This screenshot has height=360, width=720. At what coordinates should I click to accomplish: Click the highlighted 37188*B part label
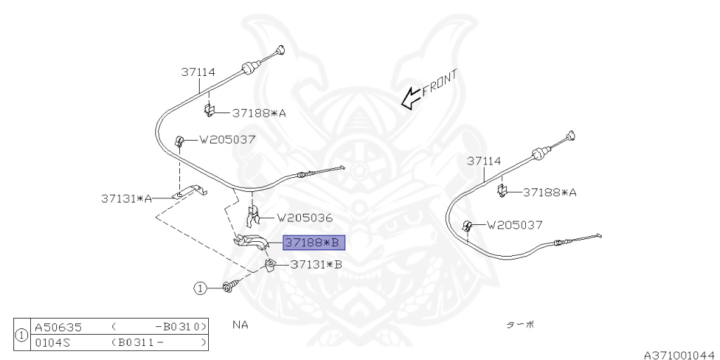click(x=314, y=243)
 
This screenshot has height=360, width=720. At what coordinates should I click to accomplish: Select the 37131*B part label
click(x=316, y=265)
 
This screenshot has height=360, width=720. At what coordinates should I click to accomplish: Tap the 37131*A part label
click(x=127, y=198)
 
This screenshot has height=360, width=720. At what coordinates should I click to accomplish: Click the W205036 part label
click(x=304, y=218)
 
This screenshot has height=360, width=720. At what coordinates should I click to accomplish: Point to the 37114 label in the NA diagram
click(x=198, y=72)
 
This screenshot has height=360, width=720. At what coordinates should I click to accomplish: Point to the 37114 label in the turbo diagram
click(x=484, y=161)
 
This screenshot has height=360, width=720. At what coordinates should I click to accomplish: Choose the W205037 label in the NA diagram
click(x=227, y=139)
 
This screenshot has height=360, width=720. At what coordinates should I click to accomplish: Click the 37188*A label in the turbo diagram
click(x=549, y=192)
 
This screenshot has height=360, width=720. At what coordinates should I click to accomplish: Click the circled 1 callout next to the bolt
click(x=200, y=288)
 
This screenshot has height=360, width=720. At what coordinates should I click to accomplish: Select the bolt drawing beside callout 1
click(x=229, y=287)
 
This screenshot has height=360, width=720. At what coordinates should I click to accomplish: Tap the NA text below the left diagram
click(x=240, y=325)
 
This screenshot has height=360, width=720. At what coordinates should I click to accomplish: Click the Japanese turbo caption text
click(x=520, y=325)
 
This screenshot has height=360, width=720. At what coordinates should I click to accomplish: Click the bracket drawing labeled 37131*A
click(x=189, y=191)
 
